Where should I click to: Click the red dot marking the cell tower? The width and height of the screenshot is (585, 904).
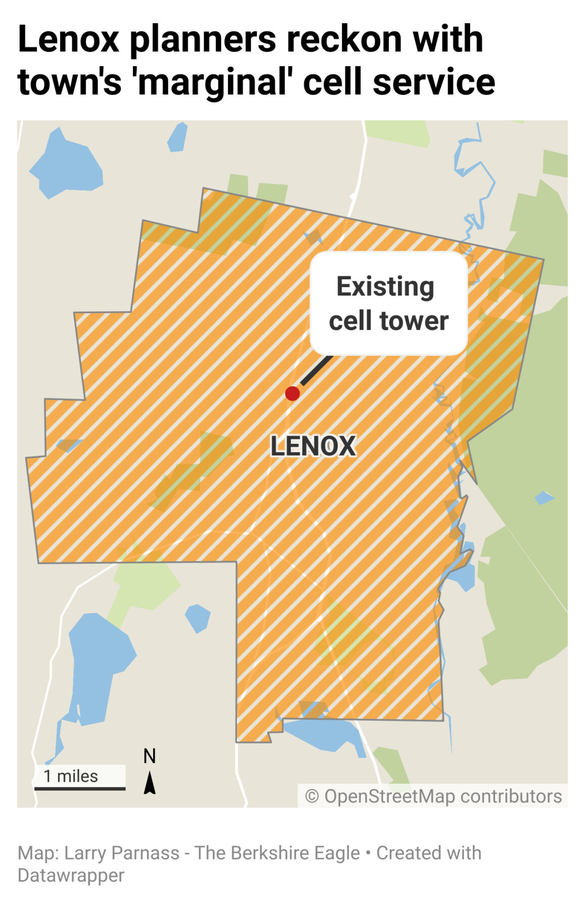292,393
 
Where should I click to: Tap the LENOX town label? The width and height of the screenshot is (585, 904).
313,446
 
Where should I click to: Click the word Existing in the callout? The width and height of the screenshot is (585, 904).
385,287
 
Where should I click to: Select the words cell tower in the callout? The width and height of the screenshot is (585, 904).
388,321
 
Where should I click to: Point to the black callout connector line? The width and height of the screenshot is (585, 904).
317,370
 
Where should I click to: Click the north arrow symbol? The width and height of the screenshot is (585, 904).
150,783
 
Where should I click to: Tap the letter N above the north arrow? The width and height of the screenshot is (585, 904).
150,756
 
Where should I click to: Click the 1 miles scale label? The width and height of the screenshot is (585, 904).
71,776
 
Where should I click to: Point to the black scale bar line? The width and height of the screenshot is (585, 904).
80,788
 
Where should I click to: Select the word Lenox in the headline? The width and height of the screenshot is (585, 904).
68,39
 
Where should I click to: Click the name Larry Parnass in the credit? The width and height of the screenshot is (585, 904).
122,853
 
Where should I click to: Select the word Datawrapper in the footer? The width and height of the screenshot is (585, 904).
71,875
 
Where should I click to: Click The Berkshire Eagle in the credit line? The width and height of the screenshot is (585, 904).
277,853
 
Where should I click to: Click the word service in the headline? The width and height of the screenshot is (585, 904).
434,82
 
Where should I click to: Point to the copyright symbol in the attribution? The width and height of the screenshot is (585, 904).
312,796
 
